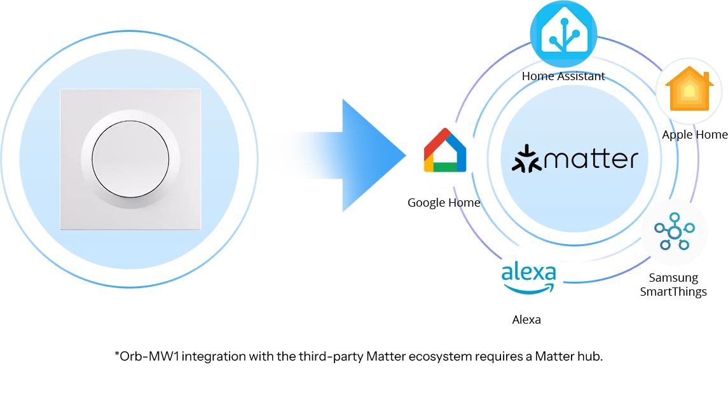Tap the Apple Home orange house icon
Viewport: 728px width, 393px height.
(x=689, y=88)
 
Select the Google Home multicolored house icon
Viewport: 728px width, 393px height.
(x=445, y=150)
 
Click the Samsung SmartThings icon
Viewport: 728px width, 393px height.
(x=674, y=231)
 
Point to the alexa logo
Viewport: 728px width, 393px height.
(x=528, y=277)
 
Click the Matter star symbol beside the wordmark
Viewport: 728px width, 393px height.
(x=526, y=159)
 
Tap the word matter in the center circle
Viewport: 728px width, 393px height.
(x=591, y=160)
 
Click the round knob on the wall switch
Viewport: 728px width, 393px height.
(x=130, y=159)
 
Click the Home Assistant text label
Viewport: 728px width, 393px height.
(x=563, y=76)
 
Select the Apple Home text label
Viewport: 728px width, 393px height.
(x=694, y=135)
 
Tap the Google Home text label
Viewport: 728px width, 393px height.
(x=444, y=202)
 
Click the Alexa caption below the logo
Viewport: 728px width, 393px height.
(x=526, y=320)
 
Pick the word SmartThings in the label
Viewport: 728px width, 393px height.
(x=673, y=292)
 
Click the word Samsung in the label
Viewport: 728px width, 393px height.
(x=673, y=278)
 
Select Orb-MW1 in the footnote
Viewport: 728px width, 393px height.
(x=149, y=356)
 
